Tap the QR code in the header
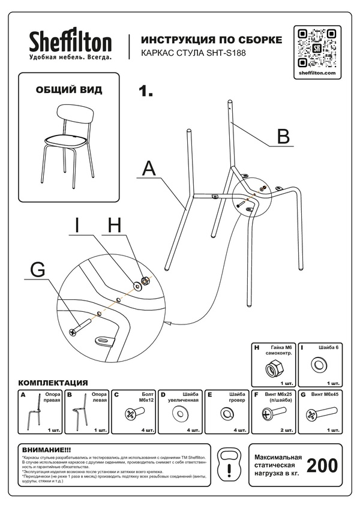pyautogui.click(x=316, y=47)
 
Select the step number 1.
pyautogui.click(x=146, y=92)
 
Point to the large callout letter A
pyautogui.click(x=149, y=168)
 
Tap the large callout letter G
pyautogui.click(x=37, y=270)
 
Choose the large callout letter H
pyautogui.click(x=115, y=225)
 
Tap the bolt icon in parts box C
pyautogui.click(x=133, y=414)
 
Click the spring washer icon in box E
pyautogui.click(x=226, y=414)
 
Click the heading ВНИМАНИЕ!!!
pyautogui.click(x=46, y=449)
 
